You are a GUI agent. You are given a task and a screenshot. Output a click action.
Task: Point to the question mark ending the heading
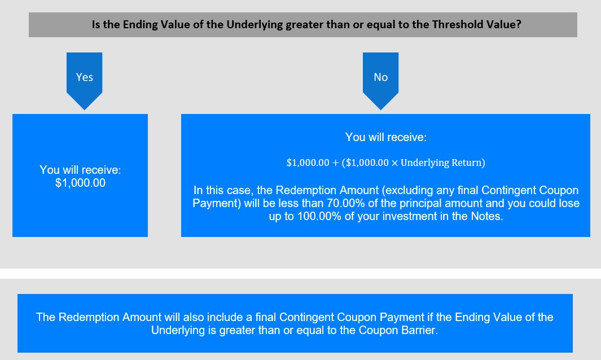[x=519, y=24]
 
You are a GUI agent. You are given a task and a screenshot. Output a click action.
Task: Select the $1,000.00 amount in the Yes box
[x=80, y=183]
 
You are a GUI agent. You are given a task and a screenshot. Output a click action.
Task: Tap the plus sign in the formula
[x=335, y=163]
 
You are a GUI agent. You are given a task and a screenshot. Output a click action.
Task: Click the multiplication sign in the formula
[x=394, y=163]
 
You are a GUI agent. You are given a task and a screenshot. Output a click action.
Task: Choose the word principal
[x=420, y=203]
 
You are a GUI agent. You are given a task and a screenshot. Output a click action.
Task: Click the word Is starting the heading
[x=96, y=24]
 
